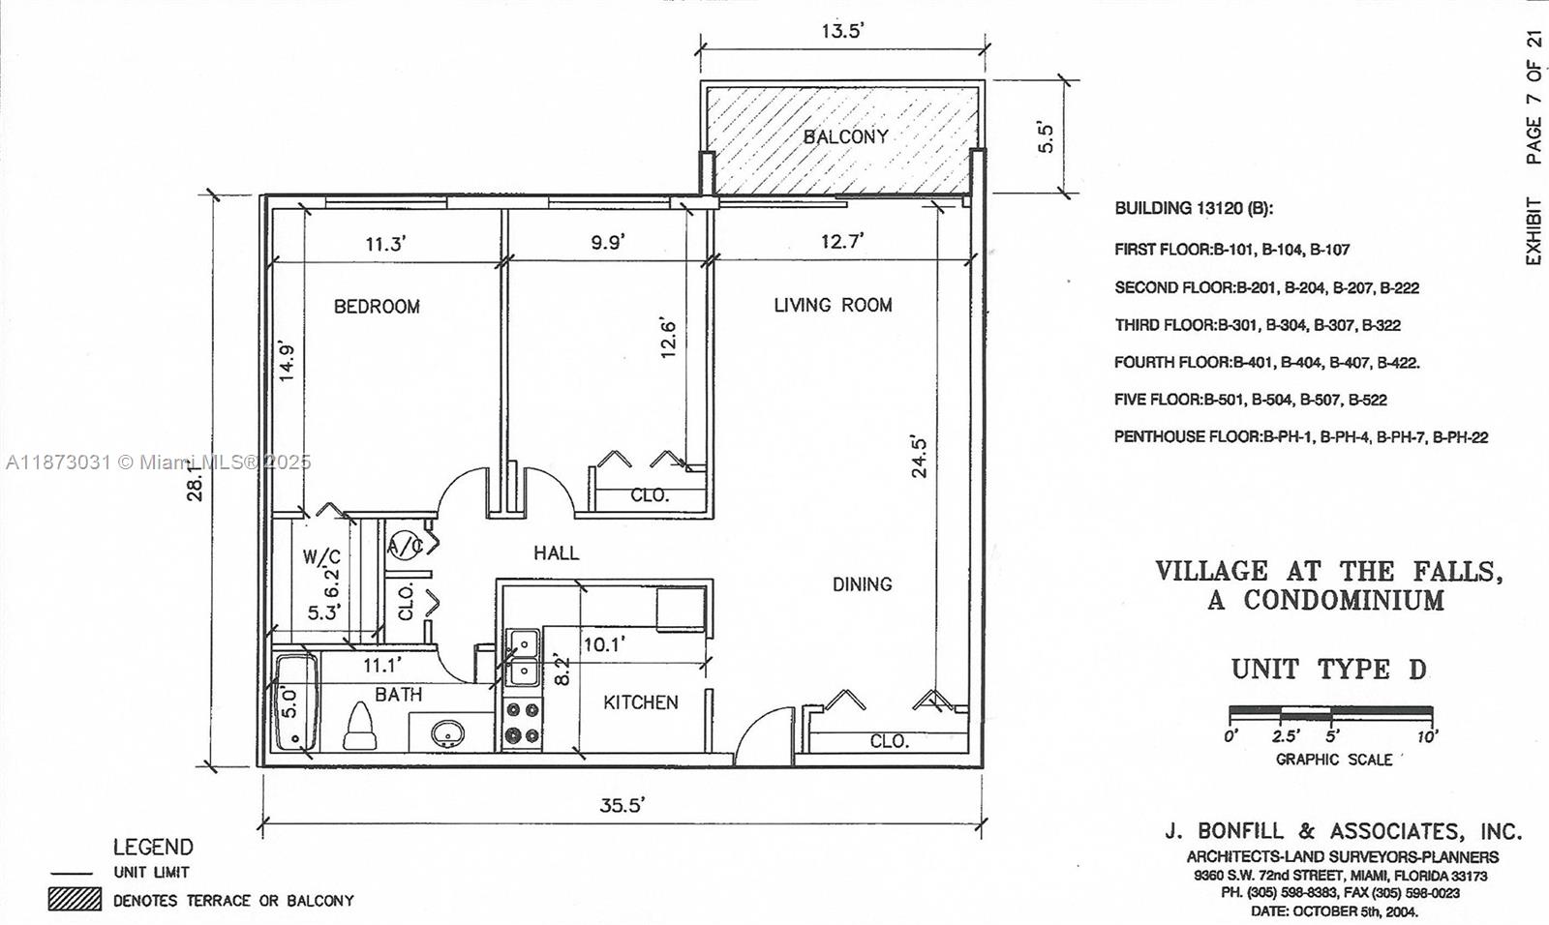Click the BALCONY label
[x=845, y=136]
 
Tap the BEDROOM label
[x=377, y=307]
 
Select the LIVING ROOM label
[x=833, y=305]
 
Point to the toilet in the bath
[x=360, y=727]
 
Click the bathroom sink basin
[x=447, y=732]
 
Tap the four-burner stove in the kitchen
[x=523, y=723]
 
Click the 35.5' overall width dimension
[x=622, y=805]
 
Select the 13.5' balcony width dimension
[x=842, y=31]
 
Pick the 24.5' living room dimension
[x=919, y=457]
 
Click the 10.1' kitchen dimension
[x=604, y=644]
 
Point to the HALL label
[x=556, y=553]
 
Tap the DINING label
[x=862, y=584]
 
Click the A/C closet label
[x=406, y=546]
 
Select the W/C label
[x=321, y=557]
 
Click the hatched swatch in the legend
[x=75, y=899]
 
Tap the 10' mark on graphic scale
[x=1427, y=735]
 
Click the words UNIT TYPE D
[x=1328, y=670]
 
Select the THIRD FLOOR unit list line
[x=1257, y=325]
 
